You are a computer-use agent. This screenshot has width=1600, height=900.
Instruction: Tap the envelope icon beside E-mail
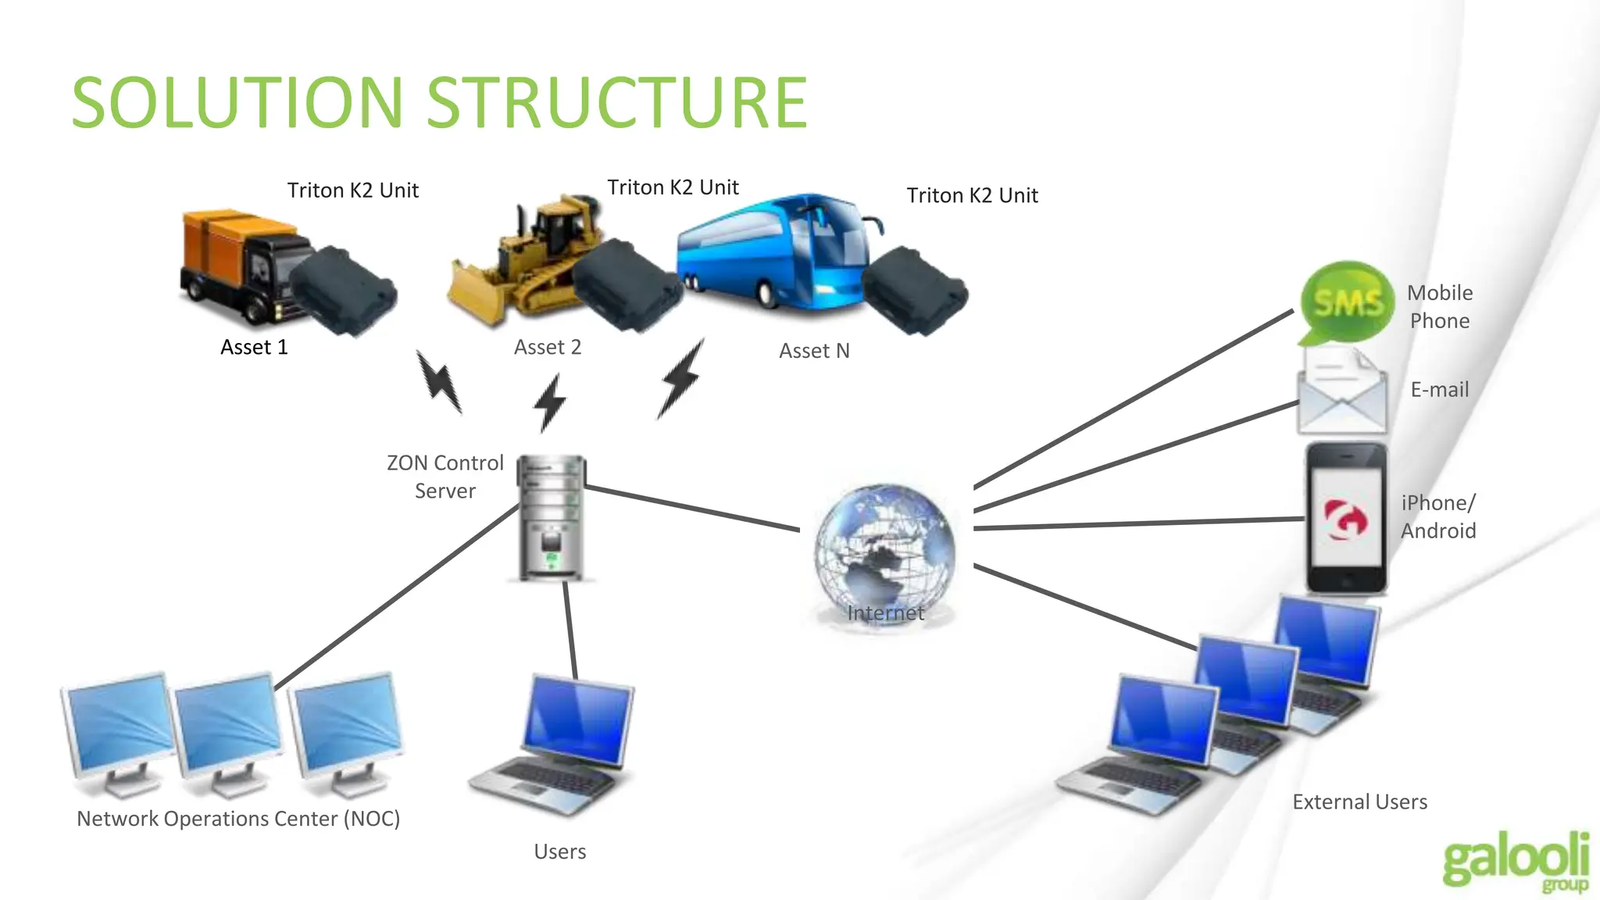coord(1341,392)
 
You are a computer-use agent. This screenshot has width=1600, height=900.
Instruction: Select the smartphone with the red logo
coord(1346,519)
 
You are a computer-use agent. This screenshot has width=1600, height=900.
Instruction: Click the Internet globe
coord(884,552)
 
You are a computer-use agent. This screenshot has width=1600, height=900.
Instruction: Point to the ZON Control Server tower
coord(552,516)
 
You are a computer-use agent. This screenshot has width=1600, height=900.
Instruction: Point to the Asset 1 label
coord(254,347)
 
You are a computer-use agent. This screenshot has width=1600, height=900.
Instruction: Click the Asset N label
coord(814,351)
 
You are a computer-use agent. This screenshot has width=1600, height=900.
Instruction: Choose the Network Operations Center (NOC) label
coord(238,818)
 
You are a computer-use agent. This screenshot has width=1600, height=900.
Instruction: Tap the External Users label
coord(1359,802)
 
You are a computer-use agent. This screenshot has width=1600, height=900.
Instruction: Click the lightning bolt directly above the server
coord(550,402)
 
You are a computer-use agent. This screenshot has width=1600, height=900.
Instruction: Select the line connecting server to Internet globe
coord(691,508)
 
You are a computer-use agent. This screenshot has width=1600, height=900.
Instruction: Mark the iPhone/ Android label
coord(1437,516)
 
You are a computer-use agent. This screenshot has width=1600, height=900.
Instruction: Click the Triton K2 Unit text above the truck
coord(352,191)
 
